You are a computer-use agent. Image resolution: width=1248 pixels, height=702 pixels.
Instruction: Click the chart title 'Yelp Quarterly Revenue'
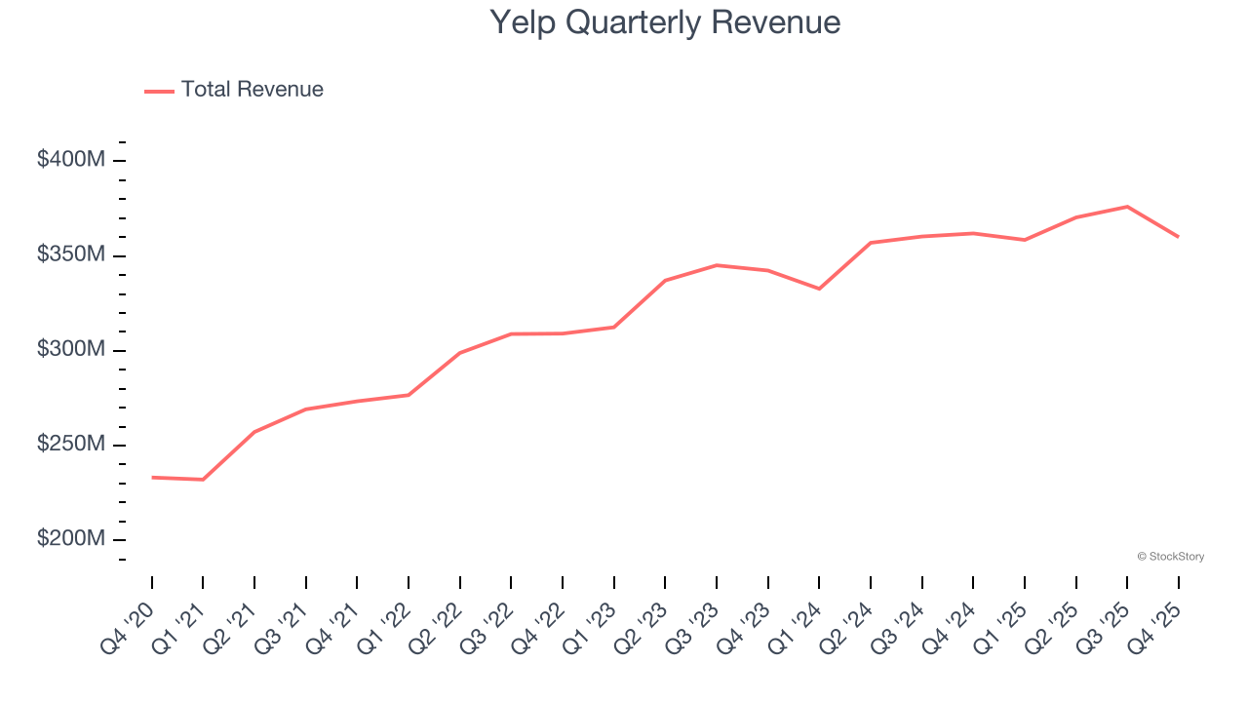click(664, 21)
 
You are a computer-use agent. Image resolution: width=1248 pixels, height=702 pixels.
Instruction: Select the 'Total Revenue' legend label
click(252, 90)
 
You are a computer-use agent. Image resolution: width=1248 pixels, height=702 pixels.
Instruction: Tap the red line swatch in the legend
click(159, 91)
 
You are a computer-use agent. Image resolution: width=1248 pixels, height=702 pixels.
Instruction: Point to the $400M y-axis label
click(70, 160)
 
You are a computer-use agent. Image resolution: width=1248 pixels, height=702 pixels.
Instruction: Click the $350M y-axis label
click(70, 254)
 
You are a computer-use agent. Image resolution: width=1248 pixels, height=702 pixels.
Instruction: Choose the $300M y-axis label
click(70, 349)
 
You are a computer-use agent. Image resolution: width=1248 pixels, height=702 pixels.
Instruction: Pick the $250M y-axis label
click(70, 445)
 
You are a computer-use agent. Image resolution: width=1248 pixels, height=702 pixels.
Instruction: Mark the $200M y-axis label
click(70, 539)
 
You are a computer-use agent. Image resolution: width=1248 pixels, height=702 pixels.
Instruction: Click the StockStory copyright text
click(1170, 557)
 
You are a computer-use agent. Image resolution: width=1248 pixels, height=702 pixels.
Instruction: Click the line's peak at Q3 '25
click(1127, 207)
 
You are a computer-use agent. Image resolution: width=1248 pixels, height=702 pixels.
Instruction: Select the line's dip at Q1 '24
click(819, 289)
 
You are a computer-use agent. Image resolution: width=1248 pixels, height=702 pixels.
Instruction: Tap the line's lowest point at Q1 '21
click(203, 480)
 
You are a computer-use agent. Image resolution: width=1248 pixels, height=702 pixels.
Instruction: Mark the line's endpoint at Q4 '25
click(1179, 237)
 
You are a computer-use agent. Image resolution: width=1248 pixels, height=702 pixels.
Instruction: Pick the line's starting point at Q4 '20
click(152, 478)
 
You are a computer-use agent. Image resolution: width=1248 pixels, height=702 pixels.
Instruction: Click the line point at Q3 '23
click(717, 265)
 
